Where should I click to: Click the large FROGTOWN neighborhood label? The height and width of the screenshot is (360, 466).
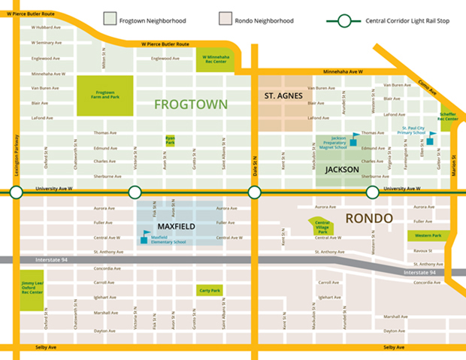click(191, 104)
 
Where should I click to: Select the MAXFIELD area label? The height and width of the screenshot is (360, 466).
click(176, 225)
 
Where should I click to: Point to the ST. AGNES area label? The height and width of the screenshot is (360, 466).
click(284, 96)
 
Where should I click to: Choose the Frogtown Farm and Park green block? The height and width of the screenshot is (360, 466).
click(105, 95)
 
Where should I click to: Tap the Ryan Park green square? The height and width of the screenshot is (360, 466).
click(171, 141)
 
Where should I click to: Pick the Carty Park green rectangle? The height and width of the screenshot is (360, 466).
click(209, 290)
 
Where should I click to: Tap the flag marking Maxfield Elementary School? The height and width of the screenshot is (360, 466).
click(146, 235)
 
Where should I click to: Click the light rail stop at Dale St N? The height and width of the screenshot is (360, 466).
click(254, 192)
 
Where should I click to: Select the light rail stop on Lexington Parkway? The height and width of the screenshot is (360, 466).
click(14, 192)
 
